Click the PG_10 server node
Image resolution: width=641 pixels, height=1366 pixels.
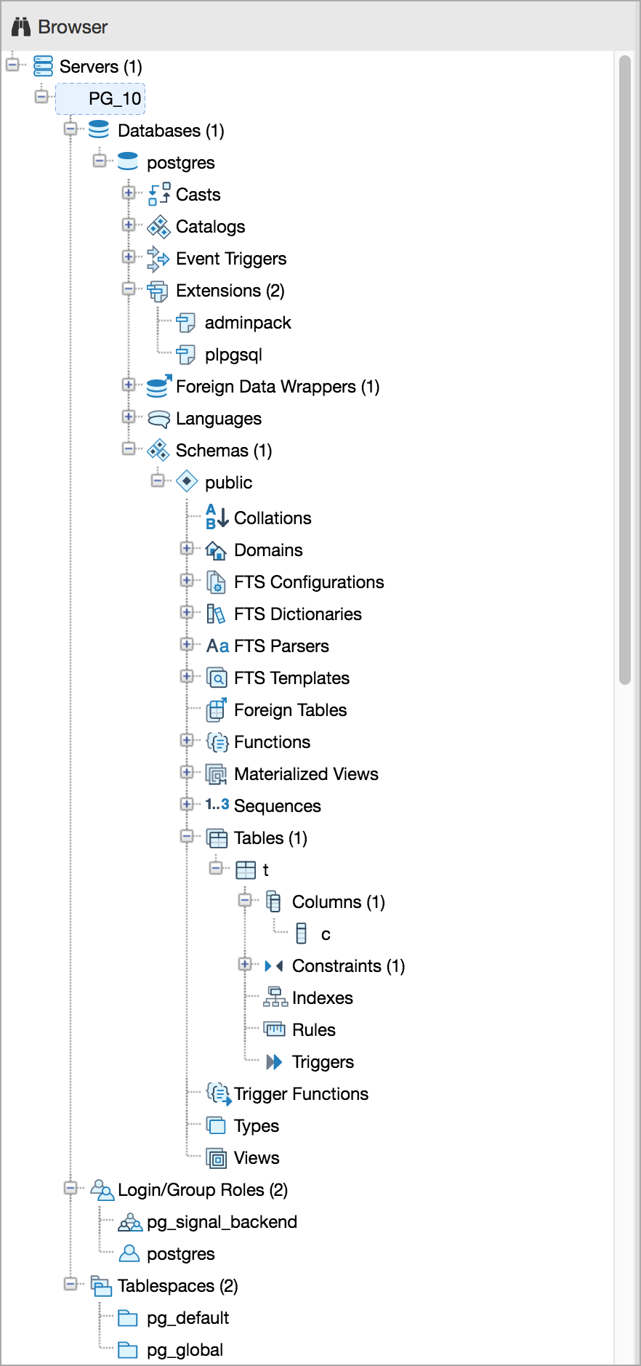114,99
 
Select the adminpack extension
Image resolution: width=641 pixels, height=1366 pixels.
247,323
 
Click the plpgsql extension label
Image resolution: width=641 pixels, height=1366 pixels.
233,355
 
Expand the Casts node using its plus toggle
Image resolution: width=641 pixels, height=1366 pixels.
129,193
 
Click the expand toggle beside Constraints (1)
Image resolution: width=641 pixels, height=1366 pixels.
245,965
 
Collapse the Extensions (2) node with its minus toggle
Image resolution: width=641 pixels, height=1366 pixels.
129,289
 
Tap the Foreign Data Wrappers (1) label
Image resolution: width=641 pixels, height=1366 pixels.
278,387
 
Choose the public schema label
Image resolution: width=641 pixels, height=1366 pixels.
228,483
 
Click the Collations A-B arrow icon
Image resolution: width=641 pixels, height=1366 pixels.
217,517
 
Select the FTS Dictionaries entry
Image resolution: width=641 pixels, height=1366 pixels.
297,614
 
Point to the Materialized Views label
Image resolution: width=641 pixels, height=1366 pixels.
306,774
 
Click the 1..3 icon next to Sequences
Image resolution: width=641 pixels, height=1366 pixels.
217,805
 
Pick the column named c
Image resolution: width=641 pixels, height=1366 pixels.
326,934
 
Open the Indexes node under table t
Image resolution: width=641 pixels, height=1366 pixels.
322,998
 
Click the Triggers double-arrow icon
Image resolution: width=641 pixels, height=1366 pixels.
274,1062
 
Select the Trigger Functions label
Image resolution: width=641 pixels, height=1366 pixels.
301,1094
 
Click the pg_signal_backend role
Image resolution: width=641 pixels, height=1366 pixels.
222,1222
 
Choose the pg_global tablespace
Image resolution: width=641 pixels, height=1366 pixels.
185,1350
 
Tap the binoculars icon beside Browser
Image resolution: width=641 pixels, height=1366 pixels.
21,27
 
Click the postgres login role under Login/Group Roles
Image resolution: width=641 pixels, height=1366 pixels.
180,1254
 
